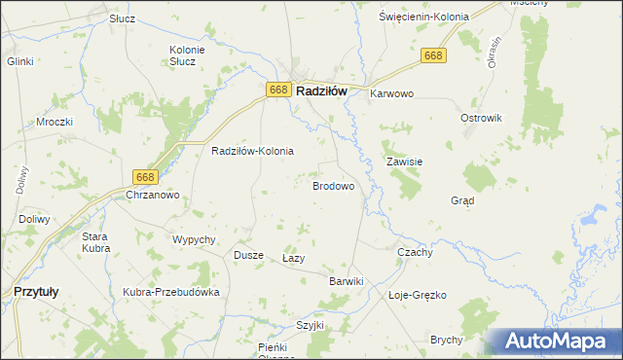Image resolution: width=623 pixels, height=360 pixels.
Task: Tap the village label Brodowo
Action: click(x=332, y=185)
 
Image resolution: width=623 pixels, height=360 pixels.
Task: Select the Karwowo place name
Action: click(x=392, y=94)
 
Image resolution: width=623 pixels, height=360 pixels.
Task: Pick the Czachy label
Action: click(x=415, y=251)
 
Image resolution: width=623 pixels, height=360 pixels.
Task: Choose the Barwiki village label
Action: click(x=346, y=281)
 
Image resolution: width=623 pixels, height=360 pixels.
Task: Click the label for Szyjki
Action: click(x=310, y=325)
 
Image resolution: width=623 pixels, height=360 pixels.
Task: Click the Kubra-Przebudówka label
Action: click(x=171, y=292)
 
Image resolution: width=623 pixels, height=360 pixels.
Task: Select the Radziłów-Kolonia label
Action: click(x=252, y=152)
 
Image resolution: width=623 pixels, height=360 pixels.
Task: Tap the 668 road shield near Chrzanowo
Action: click(x=145, y=176)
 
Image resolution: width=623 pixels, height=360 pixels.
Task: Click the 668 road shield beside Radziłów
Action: click(x=277, y=90)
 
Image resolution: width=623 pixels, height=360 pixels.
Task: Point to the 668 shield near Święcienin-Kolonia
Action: click(x=434, y=57)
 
